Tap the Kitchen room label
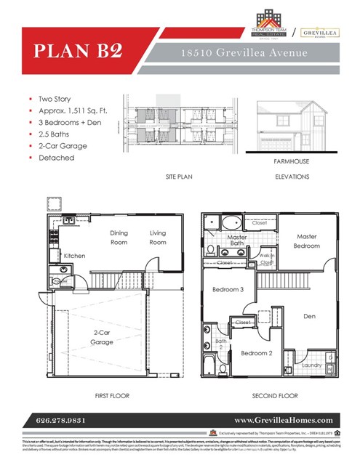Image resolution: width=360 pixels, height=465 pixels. tap(76, 256)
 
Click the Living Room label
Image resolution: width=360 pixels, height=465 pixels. tap(158, 238)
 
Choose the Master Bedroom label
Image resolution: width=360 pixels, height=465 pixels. tap(307, 241)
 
